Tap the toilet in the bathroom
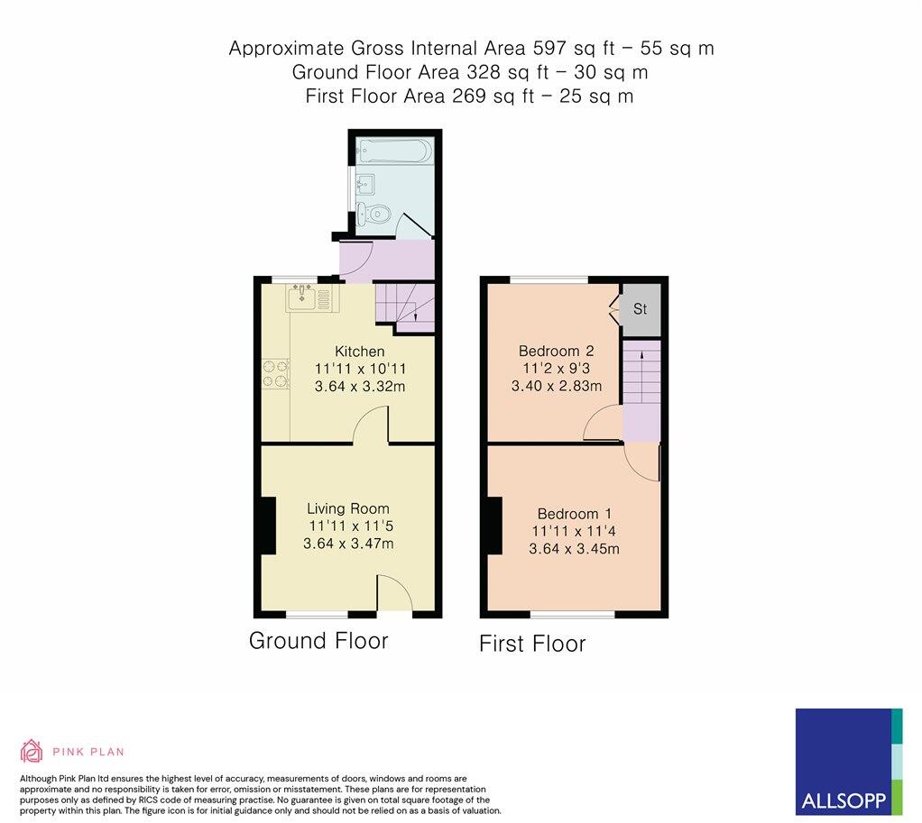(x=373, y=214)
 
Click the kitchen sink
(x=302, y=297)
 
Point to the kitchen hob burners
(x=275, y=374)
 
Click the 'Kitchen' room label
(x=359, y=351)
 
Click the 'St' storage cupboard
(x=640, y=309)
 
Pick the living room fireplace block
(x=267, y=526)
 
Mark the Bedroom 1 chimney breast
(x=493, y=526)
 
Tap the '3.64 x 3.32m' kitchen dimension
(x=359, y=387)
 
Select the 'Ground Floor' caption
(x=318, y=641)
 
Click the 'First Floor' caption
(x=531, y=644)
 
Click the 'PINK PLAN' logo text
(x=88, y=751)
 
